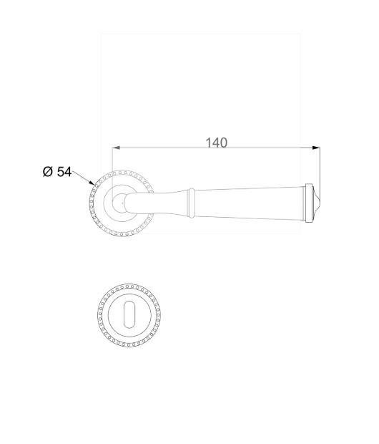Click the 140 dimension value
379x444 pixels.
click(216, 143)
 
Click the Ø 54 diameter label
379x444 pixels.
click(57, 172)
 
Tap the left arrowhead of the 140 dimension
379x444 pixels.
click(116, 148)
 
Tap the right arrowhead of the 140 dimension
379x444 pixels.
click(316, 148)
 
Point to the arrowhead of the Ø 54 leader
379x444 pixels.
click(92, 183)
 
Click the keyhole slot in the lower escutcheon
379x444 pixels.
click(129, 314)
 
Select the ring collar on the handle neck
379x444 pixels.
click(192, 203)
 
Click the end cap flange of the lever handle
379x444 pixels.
click(309, 203)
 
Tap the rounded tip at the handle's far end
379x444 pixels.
click(317, 203)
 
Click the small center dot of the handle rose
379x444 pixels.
click(122, 203)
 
